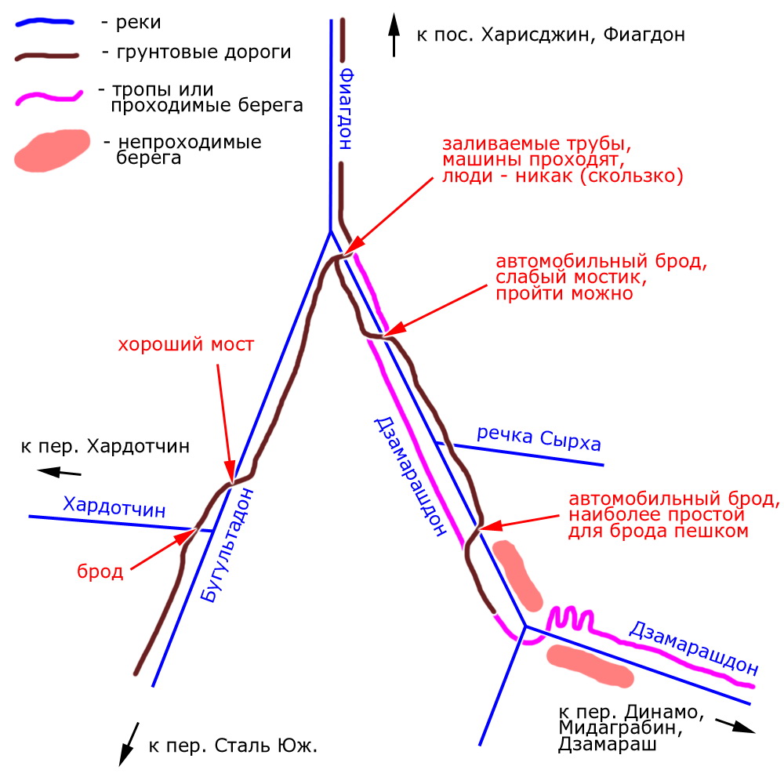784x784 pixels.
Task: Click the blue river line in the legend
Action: (x=45, y=23)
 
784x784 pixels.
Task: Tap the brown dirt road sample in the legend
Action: (x=46, y=56)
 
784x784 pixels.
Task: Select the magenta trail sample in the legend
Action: (x=49, y=97)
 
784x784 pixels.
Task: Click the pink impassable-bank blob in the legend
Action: (x=52, y=151)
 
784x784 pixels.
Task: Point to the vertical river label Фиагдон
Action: (x=346, y=110)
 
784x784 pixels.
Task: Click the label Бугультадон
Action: (x=227, y=545)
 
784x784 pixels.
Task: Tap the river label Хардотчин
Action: (x=114, y=506)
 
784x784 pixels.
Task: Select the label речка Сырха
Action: (x=539, y=438)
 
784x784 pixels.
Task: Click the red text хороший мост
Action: (x=186, y=344)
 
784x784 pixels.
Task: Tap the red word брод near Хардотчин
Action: (x=100, y=571)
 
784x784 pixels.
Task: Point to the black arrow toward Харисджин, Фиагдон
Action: (x=394, y=35)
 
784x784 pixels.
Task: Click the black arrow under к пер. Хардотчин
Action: (x=59, y=471)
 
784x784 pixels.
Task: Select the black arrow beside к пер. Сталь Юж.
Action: (x=129, y=744)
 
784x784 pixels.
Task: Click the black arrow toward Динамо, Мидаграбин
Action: (x=735, y=726)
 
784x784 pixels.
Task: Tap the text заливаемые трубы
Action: (x=536, y=144)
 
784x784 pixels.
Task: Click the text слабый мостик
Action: (x=571, y=278)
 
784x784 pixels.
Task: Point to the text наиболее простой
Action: (x=656, y=514)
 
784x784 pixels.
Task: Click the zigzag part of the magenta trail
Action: (x=570, y=619)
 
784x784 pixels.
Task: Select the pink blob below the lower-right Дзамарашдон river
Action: (x=590, y=666)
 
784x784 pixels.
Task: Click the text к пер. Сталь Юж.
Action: (x=233, y=746)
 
